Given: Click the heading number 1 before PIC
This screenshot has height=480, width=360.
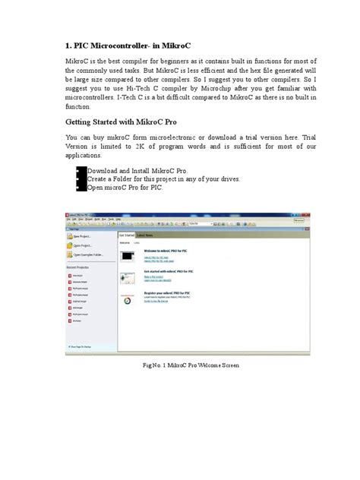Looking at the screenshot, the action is (x=69, y=46).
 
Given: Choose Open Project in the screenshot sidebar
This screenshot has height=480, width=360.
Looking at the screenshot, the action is (x=84, y=246).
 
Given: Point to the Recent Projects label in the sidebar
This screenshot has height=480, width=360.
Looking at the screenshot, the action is (x=81, y=267).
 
